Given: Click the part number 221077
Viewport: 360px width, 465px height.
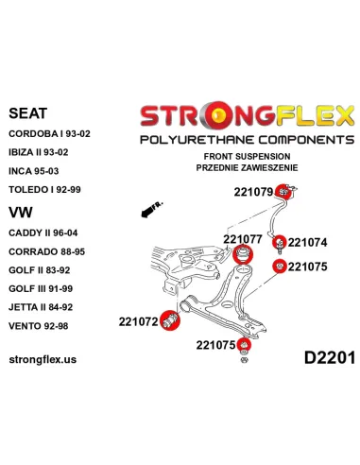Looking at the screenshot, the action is click(243, 212).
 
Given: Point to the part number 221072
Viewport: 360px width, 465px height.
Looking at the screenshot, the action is click(138, 322).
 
